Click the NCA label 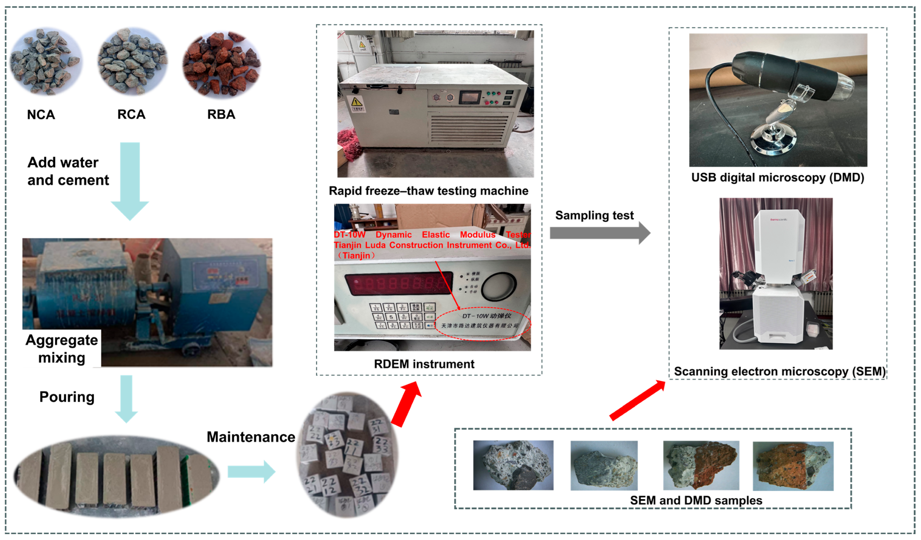pyautogui.click(x=41, y=115)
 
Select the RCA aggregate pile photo pyautogui.click(x=132, y=62)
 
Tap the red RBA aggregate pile pyautogui.click(x=221, y=64)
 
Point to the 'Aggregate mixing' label pyautogui.click(x=62, y=349)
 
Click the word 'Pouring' pyautogui.click(x=67, y=397)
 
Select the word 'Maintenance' pyautogui.click(x=251, y=437)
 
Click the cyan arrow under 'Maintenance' pyautogui.click(x=251, y=471)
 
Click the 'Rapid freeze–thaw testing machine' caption pyautogui.click(x=428, y=191)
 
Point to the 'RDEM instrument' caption pyautogui.click(x=424, y=364)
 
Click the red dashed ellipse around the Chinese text pyautogui.click(x=483, y=323)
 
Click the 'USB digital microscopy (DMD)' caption pyautogui.click(x=777, y=178)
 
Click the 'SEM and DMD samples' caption pyautogui.click(x=696, y=500)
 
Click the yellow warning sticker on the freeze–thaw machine pyautogui.click(x=357, y=103)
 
